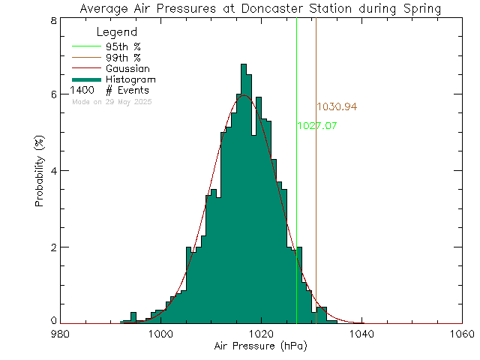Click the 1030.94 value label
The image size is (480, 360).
337,108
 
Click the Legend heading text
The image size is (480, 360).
118,33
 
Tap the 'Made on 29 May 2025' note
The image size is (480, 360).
111,100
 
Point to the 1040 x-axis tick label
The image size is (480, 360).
362,334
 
